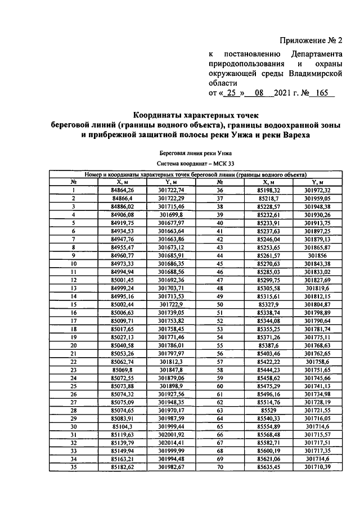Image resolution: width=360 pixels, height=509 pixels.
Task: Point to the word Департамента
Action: (316, 55)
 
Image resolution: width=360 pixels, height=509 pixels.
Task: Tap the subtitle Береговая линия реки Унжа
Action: (195, 153)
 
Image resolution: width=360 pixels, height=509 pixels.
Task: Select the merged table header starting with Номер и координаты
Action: (195, 174)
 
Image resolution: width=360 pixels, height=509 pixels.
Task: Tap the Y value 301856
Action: (318, 254)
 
